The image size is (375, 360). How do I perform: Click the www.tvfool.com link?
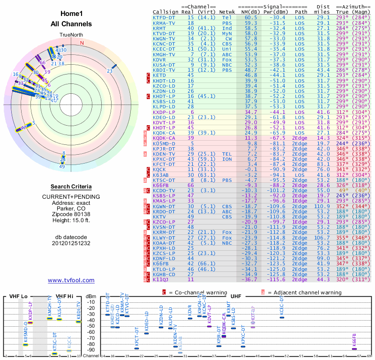71,280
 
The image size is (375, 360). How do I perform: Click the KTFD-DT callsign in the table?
165,17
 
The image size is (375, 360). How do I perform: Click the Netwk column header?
227,11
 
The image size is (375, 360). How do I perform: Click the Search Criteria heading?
71,187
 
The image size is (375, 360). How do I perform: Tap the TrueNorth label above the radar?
71,35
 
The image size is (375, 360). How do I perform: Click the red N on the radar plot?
82,43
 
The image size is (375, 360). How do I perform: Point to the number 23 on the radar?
110,71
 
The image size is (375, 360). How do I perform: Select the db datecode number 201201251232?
71,243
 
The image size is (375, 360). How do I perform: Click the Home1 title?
71,14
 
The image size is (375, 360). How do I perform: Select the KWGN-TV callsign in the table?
165,38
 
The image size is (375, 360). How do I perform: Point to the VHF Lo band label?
18,296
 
